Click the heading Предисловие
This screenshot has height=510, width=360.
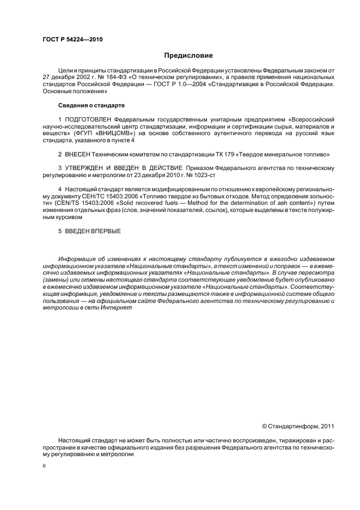click(x=188, y=56)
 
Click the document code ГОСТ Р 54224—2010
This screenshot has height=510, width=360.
click(x=72, y=40)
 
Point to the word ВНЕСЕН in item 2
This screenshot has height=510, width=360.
click(x=78, y=155)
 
